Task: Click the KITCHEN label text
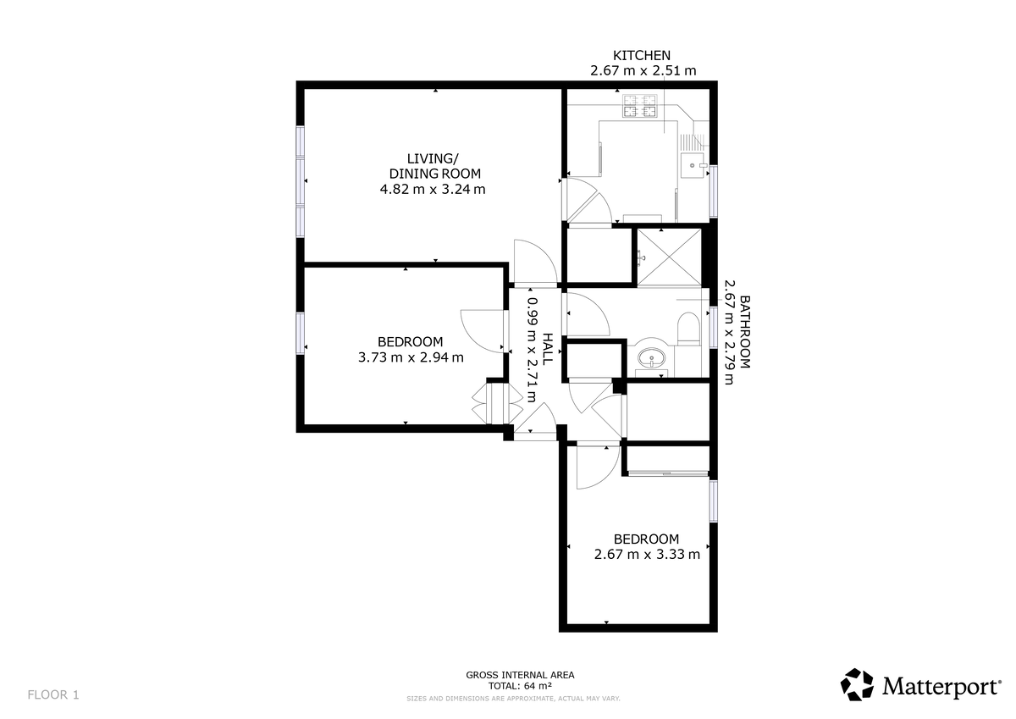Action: point(643,56)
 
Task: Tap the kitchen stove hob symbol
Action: point(641,106)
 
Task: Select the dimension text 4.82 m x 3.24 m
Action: point(433,190)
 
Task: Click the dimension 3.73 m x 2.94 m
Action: point(411,357)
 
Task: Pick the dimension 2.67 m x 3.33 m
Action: point(647,555)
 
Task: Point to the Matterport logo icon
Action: point(857,684)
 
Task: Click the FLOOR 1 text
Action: point(53,694)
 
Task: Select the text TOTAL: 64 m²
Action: point(520,686)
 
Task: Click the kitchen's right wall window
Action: point(714,191)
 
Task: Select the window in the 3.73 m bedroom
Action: point(300,333)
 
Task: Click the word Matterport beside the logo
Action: point(940,686)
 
